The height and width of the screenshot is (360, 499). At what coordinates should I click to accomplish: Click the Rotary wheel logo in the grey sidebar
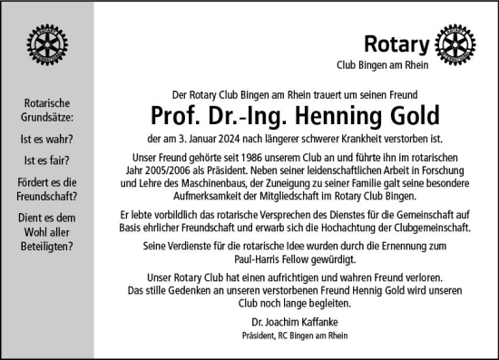(x=46, y=43)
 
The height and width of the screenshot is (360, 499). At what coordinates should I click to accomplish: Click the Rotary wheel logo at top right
(x=456, y=44)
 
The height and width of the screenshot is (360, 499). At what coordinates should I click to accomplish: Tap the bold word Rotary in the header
(x=396, y=43)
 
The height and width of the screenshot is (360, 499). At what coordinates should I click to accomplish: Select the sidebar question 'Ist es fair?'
(x=47, y=161)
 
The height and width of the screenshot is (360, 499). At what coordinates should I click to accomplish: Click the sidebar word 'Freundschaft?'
(x=47, y=195)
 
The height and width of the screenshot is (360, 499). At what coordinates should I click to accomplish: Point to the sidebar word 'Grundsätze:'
(x=47, y=117)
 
